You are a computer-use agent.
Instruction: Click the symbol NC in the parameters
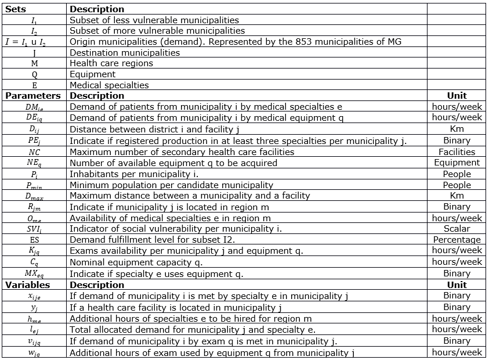34,152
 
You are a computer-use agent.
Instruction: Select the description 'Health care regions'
111,63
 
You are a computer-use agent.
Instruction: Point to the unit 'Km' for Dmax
457,196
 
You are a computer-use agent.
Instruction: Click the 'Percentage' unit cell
457,240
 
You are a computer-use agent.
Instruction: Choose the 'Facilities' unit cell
457,152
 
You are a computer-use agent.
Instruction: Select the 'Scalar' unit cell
457,229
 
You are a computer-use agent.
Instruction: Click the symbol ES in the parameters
34,240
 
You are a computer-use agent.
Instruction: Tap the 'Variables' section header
28,285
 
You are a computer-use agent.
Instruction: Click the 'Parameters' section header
33,96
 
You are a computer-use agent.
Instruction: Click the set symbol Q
34,74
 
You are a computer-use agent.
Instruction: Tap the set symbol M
34,63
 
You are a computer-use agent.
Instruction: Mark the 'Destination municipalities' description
125,53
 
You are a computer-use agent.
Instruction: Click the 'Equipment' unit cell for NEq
457,163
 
